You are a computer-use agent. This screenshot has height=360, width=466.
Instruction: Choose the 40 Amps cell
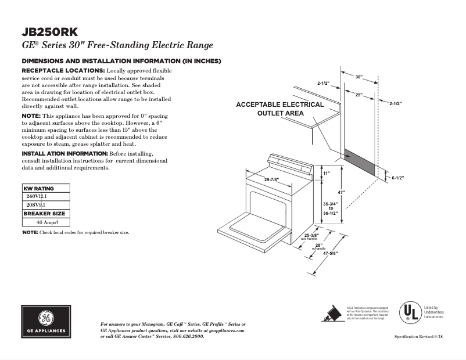point(45,222)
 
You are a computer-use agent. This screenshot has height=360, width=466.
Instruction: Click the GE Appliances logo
point(47,321)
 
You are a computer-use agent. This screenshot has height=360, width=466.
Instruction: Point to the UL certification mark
point(408,312)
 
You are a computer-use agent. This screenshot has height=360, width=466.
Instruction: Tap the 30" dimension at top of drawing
point(359,77)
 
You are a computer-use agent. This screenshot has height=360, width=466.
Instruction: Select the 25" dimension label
point(359,94)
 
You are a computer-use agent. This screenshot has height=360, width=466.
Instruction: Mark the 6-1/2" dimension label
point(397,178)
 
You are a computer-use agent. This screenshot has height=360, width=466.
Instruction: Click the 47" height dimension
point(342,192)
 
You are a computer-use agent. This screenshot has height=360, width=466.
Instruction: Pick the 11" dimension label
point(326,173)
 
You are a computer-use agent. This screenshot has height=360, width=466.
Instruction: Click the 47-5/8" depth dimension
point(330,254)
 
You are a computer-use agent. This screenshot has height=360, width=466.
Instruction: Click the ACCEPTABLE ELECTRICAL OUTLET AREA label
point(279,109)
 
